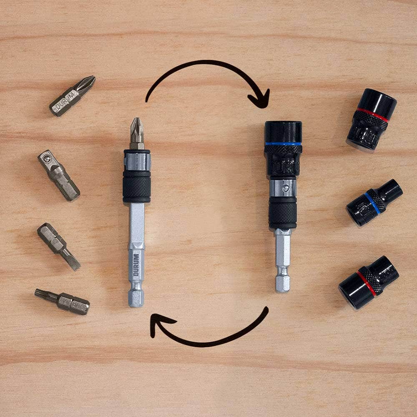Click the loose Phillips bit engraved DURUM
(x=72, y=97)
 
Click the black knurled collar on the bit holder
(x=137, y=186)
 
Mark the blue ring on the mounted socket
(x=283, y=144)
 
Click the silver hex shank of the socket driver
(x=283, y=259)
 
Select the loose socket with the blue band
(x=374, y=202)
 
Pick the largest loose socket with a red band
(x=371, y=119)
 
